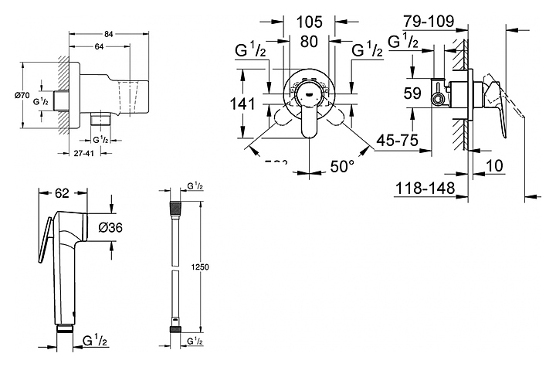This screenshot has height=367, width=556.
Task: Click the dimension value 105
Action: coord(309,20)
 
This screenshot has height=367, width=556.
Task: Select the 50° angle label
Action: coord(342,165)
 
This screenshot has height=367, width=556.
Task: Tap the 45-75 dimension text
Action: coord(398,140)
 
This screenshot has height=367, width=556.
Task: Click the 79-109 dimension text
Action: coord(428,21)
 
